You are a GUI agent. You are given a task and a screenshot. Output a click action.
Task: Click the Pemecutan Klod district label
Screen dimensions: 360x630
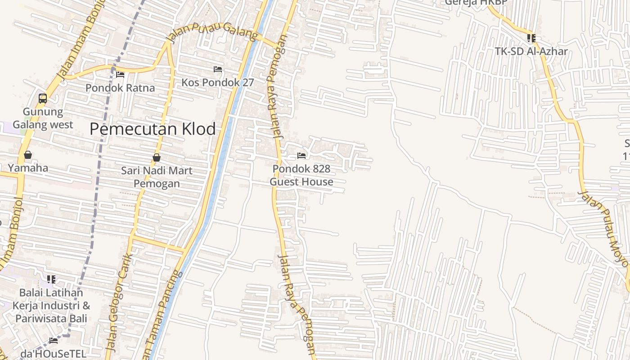point(153,129)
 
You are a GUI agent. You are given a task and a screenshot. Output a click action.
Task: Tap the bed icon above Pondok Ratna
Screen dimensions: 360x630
point(120,75)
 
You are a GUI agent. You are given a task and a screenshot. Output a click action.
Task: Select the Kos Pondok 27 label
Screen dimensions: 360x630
point(217,82)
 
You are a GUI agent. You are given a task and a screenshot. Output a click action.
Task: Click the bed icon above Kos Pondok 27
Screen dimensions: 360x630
point(218,69)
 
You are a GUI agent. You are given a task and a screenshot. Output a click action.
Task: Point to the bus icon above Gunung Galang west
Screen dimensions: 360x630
point(43,98)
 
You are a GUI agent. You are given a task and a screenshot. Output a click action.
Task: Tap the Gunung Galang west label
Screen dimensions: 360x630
point(43,118)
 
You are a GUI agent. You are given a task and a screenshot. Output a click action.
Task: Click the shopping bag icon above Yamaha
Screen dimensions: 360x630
point(28,155)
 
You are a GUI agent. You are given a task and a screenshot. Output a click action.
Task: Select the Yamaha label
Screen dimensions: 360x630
point(28,168)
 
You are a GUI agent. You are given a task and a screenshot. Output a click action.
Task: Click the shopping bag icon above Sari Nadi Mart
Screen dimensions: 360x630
point(157,157)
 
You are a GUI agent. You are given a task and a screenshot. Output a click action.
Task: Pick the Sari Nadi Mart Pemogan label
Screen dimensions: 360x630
point(157,177)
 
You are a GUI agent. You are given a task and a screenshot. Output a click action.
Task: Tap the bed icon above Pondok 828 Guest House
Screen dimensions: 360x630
point(301,156)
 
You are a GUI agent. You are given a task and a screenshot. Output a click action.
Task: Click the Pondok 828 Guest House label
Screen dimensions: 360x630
point(301,175)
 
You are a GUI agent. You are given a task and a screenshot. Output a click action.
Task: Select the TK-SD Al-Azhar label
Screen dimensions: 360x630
point(531,51)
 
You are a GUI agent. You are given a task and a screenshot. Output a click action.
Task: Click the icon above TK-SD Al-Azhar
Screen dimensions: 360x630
point(531,38)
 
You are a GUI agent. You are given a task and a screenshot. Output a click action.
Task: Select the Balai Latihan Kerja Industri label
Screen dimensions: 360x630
point(51,306)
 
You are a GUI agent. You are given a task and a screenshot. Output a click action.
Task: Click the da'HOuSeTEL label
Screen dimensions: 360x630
point(53,353)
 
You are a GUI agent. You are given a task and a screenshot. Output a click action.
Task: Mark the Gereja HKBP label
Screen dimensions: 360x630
point(476,3)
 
